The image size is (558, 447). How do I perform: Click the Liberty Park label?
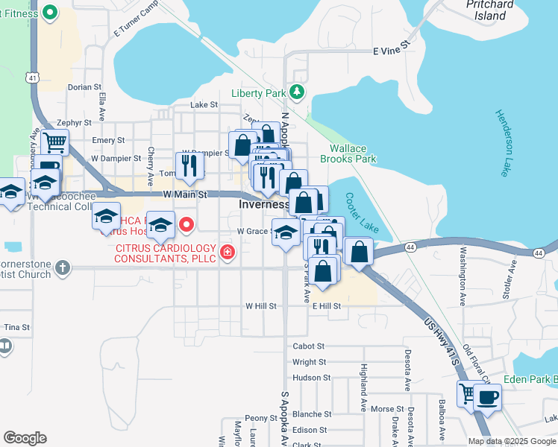click(259, 93)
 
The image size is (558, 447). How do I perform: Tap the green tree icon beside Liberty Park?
click(298, 92)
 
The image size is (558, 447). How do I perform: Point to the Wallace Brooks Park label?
click(348, 153)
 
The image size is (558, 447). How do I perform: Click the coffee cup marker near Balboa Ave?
click(487, 397)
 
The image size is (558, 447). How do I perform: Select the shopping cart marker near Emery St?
click(54, 142)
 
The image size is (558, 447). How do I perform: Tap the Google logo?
click(25, 438)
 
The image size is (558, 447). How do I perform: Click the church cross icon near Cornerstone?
click(63, 267)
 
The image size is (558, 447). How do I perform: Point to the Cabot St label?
click(309, 346)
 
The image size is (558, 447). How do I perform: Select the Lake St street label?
click(204, 105)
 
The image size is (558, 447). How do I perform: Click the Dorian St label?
click(84, 87)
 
